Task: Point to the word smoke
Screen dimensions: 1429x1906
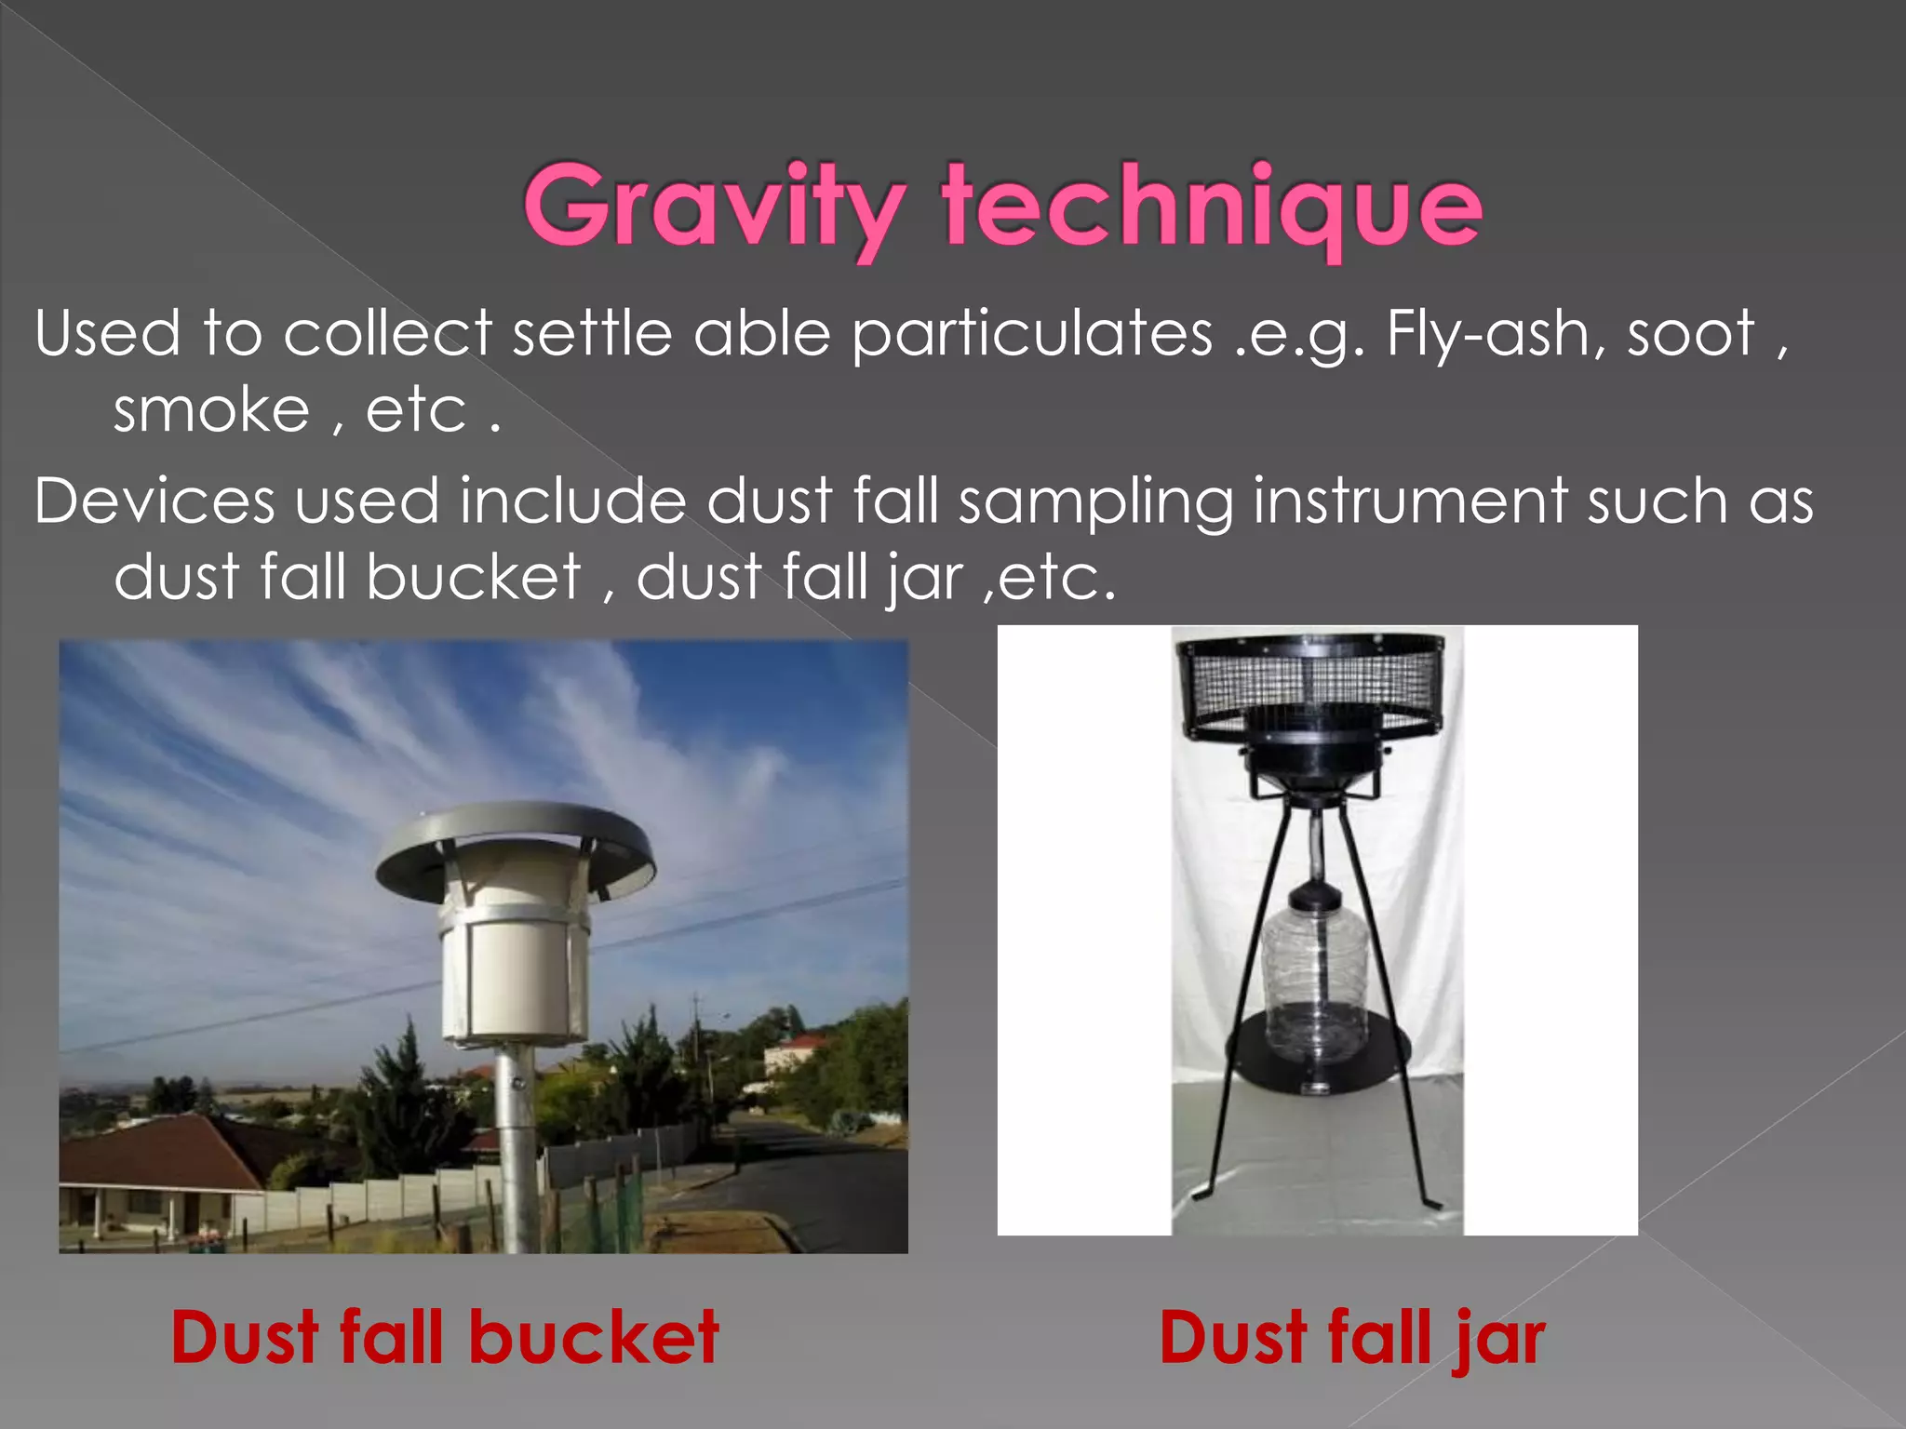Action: coord(211,410)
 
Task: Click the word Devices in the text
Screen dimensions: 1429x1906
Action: coord(154,501)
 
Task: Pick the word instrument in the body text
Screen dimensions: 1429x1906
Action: coord(1409,501)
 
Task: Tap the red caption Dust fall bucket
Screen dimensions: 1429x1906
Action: coord(445,1338)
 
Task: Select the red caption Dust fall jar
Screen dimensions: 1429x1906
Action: coord(1351,1338)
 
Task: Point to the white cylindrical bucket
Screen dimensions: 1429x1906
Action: coord(515,977)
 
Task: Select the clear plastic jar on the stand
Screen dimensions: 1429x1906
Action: coord(1314,977)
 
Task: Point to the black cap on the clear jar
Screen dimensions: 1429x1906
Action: coord(1314,895)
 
